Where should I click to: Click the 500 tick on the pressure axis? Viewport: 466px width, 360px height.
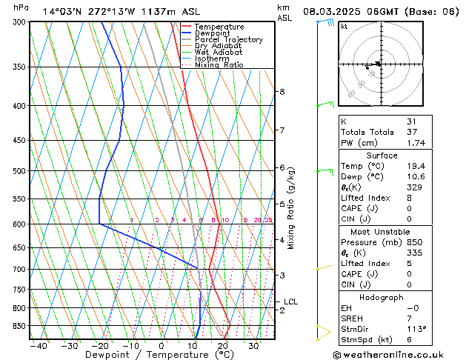[19, 171]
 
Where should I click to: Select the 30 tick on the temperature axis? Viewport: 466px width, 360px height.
[253, 346]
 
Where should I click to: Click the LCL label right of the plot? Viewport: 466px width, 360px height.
[291, 301]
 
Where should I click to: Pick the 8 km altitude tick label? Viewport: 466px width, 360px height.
[282, 92]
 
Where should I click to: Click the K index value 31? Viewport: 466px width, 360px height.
[411, 121]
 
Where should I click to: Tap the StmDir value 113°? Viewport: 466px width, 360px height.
[416, 329]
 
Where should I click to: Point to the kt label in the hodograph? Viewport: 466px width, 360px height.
[344, 27]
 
